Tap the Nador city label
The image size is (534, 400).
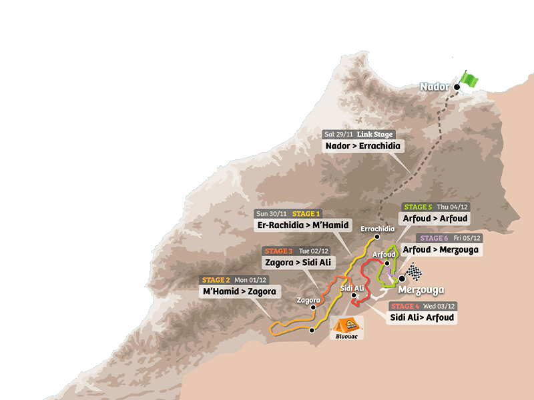[x=435, y=87]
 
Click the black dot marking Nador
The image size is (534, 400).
[x=457, y=87]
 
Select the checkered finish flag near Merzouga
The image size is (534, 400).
[x=415, y=272]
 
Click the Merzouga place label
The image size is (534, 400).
[x=421, y=290]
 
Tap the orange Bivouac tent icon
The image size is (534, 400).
[x=346, y=325]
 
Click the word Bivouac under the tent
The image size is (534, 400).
[x=346, y=337]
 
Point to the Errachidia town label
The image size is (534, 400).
[x=378, y=229]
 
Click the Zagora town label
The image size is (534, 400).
[x=308, y=300]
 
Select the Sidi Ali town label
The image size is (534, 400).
[x=352, y=288]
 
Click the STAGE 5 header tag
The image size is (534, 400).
[x=418, y=207]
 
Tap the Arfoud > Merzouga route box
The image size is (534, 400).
[x=441, y=249]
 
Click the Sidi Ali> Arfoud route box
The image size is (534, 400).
[x=422, y=317]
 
